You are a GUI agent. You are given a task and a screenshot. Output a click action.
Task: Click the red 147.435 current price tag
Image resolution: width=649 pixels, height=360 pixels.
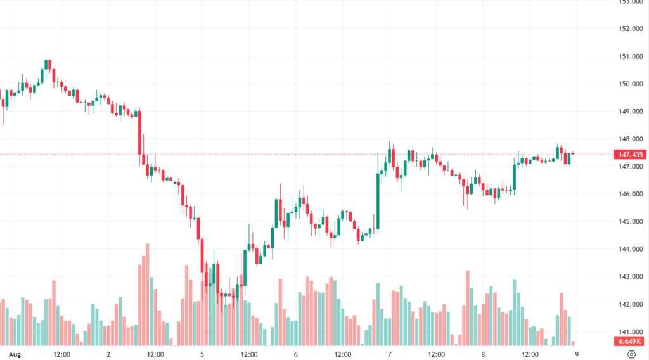click(x=629, y=154)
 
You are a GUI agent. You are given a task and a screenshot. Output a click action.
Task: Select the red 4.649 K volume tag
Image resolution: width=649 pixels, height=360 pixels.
click(x=630, y=342)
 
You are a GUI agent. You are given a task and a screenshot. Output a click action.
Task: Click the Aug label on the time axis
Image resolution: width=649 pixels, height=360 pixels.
click(x=15, y=354)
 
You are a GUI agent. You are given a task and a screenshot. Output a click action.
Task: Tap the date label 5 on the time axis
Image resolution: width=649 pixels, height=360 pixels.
click(x=202, y=354)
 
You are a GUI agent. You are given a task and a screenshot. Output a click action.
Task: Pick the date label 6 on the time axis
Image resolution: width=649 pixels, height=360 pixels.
click(x=295, y=354)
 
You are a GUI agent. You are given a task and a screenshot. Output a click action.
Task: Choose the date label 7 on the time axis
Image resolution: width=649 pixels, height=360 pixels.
click(x=389, y=354)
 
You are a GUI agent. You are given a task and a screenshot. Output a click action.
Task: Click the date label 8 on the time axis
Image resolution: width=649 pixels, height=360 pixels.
click(x=483, y=354)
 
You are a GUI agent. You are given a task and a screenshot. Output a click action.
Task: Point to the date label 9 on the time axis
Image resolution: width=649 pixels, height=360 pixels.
click(x=576, y=354)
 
